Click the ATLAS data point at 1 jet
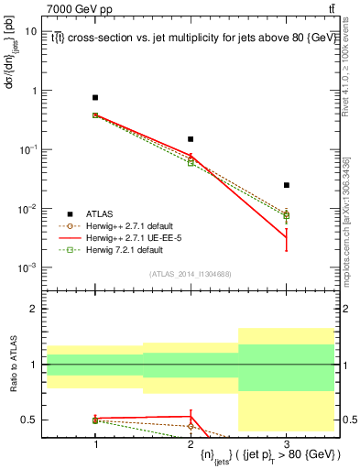click(95, 97)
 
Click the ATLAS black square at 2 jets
click(191, 139)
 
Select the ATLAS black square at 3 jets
click(286, 185)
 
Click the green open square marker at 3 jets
click(286, 216)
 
